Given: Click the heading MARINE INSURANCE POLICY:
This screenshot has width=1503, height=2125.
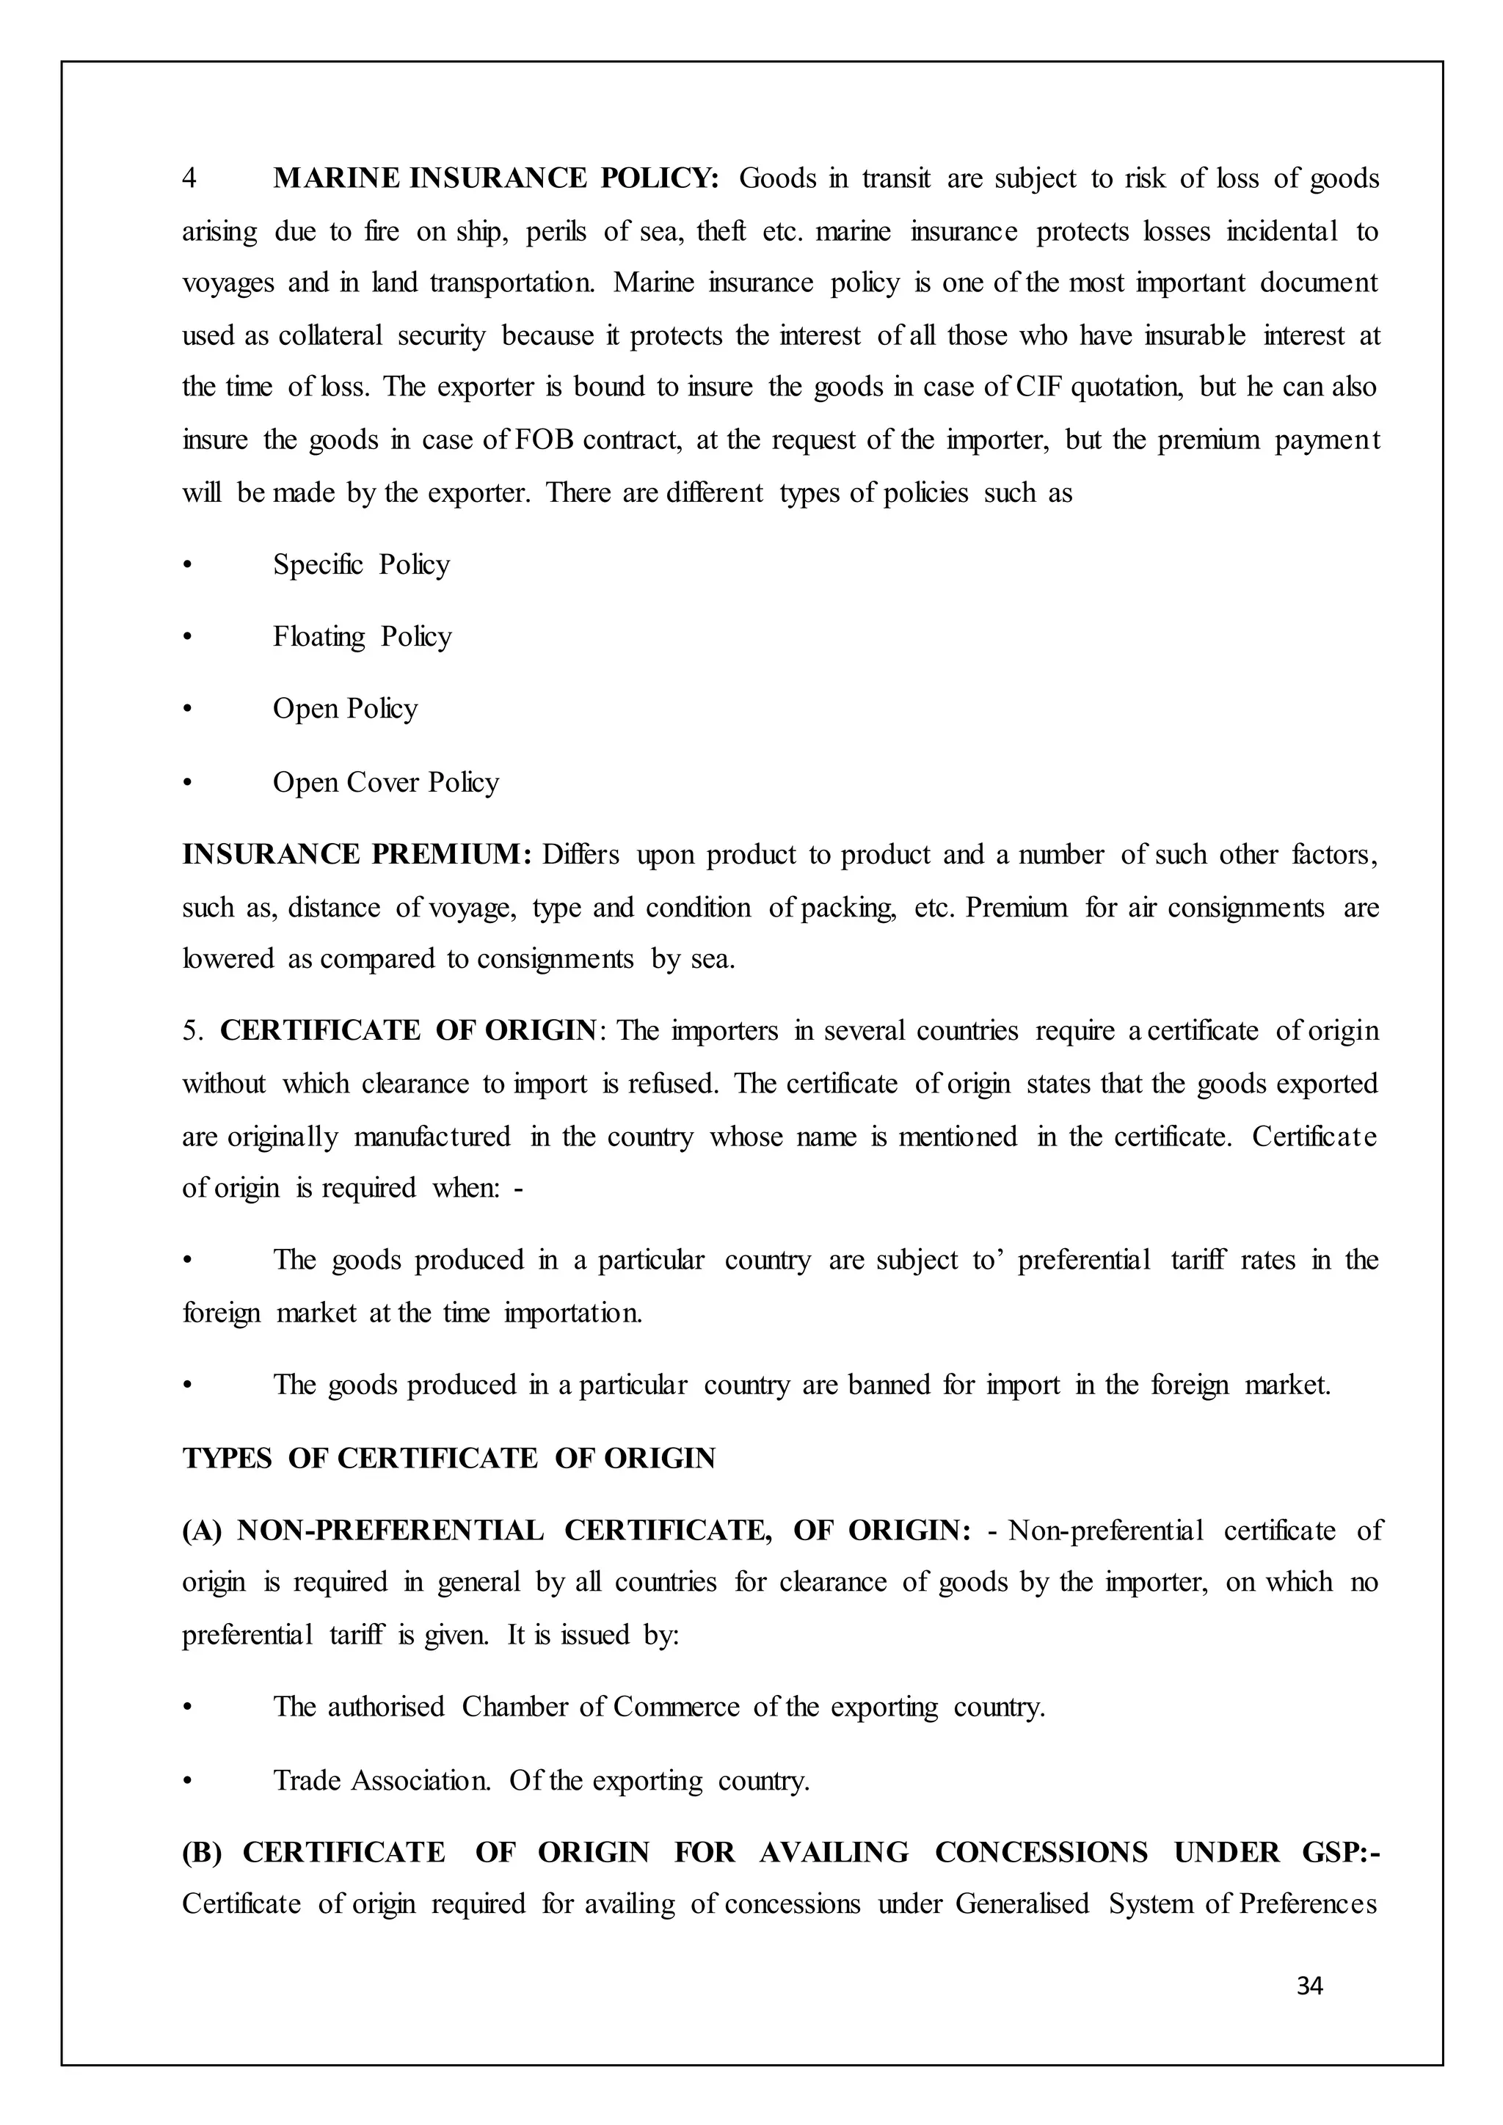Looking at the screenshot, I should [496, 178].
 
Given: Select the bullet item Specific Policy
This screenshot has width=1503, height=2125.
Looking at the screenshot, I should [361, 564].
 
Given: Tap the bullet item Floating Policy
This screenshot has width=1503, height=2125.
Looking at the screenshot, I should [362, 637].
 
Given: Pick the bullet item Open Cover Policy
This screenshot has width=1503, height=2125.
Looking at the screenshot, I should [385, 783].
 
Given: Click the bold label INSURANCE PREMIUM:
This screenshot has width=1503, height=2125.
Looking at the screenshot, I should [357, 854].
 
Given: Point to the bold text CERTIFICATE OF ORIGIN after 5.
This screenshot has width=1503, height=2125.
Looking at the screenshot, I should [408, 1030].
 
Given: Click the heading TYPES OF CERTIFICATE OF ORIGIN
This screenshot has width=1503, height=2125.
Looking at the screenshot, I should [449, 1459].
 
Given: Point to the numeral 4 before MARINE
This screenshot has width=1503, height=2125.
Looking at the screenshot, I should [189, 178].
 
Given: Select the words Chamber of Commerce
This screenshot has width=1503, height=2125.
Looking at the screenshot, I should [600, 1707].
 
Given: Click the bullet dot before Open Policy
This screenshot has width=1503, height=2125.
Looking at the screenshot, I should [188, 710].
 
